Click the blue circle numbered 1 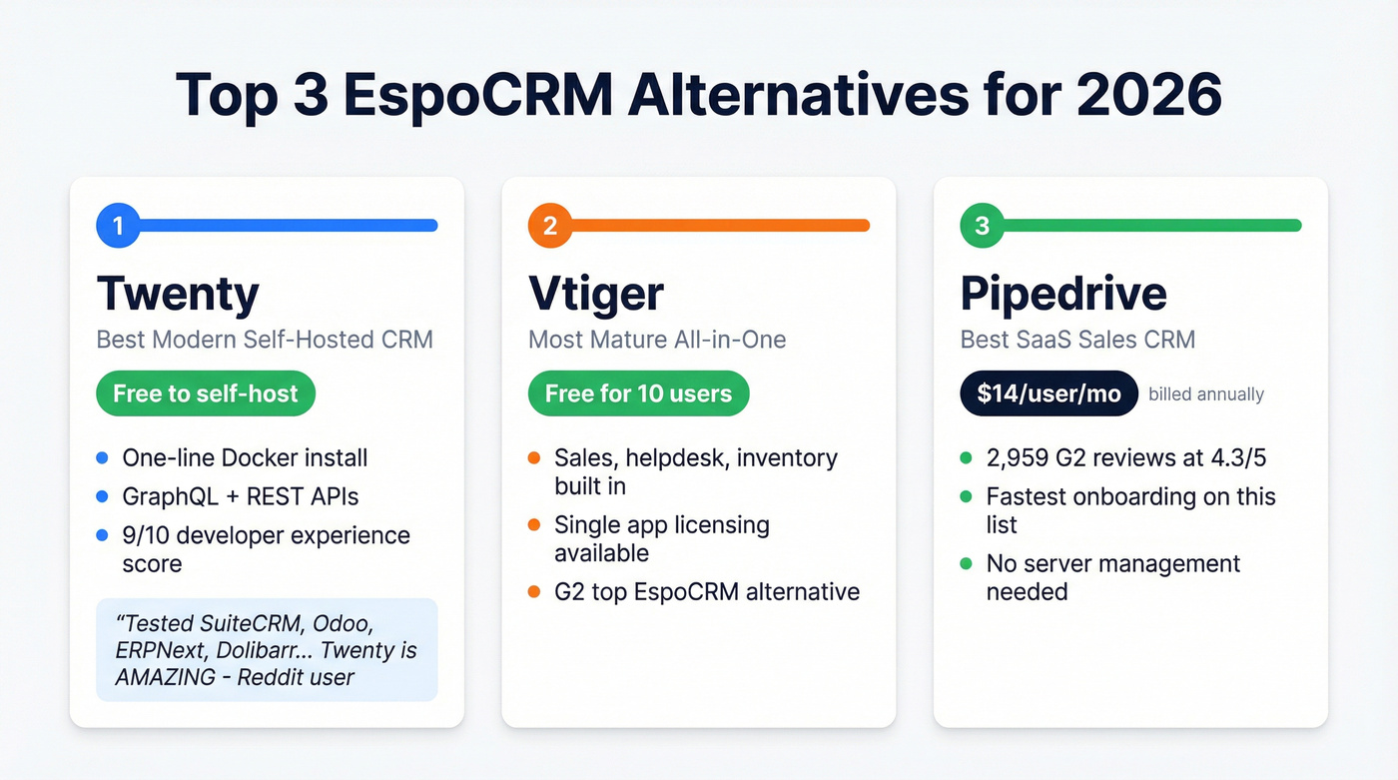pyautogui.click(x=118, y=226)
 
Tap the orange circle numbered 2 pyautogui.click(x=550, y=226)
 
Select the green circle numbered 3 pyautogui.click(x=982, y=226)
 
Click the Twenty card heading pyautogui.click(x=178, y=294)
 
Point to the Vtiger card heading pyautogui.click(x=595, y=294)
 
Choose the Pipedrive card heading pyautogui.click(x=1063, y=294)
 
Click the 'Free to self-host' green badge pyautogui.click(x=206, y=393)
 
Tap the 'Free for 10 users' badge pyautogui.click(x=638, y=393)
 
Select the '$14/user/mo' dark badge pyautogui.click(x=1048, y=393)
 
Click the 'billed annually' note pyautogui.click(x=1206, y=394)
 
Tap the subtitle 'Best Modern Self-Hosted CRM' pyautogui.click(x=265, y=340)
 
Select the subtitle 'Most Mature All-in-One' pyautogui.click(x=657, y=340)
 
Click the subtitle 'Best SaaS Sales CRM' pyautogui.click(x=1077, y=340)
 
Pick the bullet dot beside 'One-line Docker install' pyautogui.click(x=101, y=458)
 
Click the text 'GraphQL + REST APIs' pyautogui.click(x=240, y=496)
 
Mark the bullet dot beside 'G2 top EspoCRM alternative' pyautogui.click(x=533, y=591)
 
